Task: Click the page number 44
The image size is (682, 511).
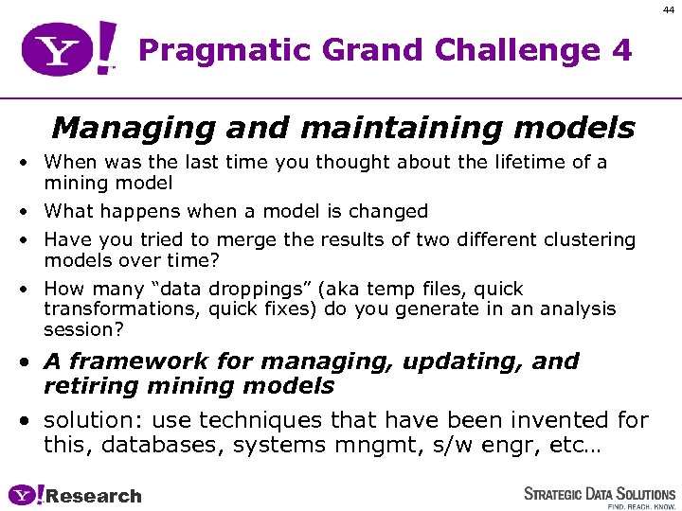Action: click(x=668, y=8)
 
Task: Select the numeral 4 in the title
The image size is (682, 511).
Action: click(x=620, y=50)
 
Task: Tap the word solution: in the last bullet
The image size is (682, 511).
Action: click(x=93, y=420)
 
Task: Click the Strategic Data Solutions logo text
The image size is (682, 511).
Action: click(x=600, y=493)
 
